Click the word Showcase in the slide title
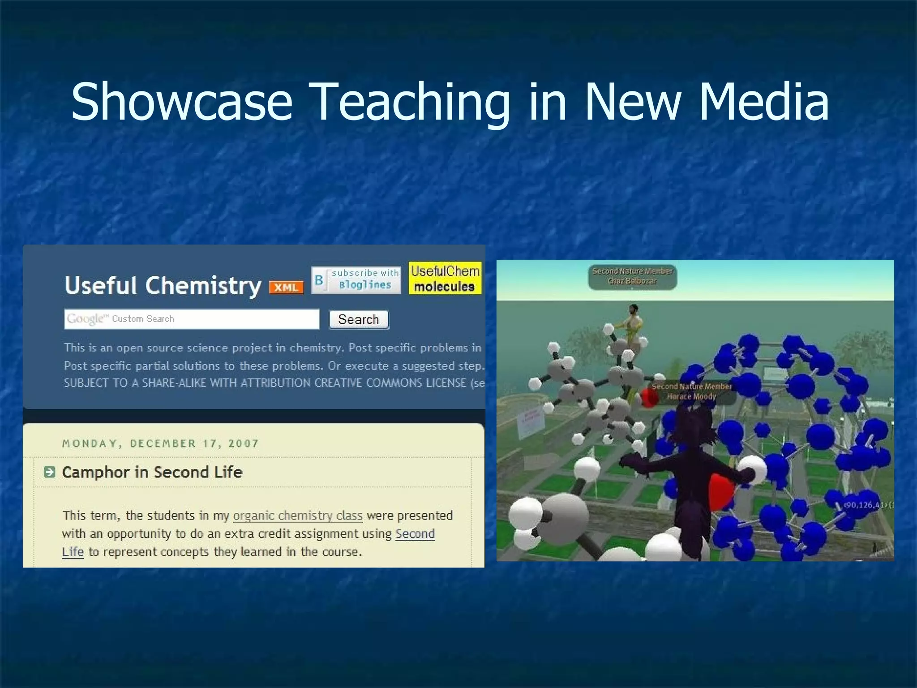coord(181,102)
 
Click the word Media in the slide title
coord(763,102)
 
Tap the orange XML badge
coord(286,287)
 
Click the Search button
coord(359,319)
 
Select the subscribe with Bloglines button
coord(356,279)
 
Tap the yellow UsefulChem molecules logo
coord(445,278)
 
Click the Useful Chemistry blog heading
coord(163,285)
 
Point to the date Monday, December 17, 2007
coord(160,443)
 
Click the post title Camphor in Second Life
coord(152,472)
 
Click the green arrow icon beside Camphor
coord(50,472)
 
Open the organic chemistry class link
coord(298,516)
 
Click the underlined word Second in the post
coord(415,534)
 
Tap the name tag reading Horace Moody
coord(691,391)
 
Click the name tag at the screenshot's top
coord(632,276)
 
